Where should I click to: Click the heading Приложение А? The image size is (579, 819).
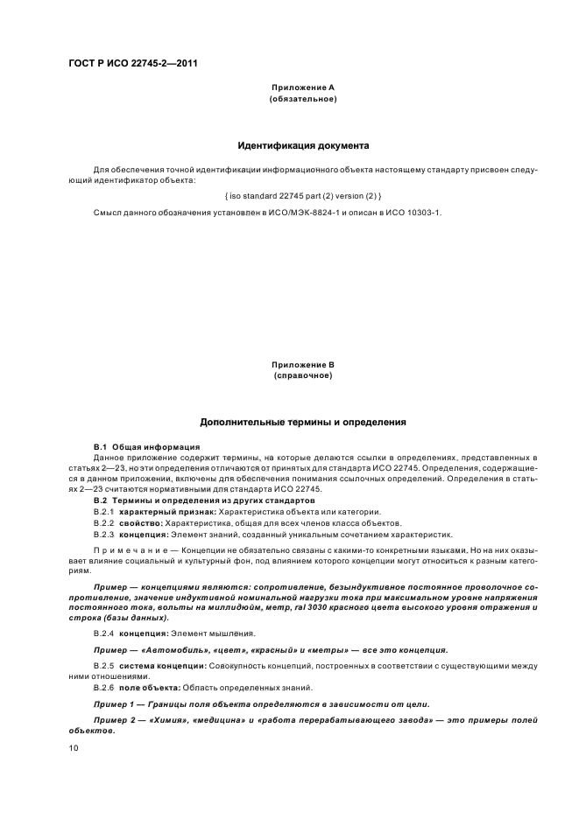[x=303, y=87]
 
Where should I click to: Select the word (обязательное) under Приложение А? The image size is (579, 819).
[x=303, y=99]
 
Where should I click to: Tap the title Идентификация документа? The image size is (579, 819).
[x=303, y=145]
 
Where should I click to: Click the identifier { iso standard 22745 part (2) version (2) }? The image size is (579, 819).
[x=303, y=193]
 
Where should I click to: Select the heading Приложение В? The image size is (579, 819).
[x=303, y=364]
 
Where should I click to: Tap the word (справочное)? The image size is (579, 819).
[x=303, y=375]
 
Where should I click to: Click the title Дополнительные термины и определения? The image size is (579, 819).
[x=303, y=422]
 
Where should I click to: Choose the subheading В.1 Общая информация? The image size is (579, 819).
[x=135, y=447]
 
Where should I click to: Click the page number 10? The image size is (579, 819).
[x=74, y=748]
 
